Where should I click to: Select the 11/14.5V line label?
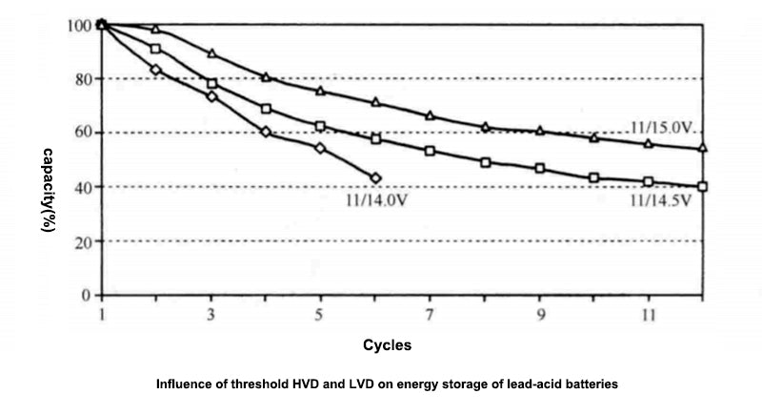659,201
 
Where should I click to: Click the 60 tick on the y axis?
84,133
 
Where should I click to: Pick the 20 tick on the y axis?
84,241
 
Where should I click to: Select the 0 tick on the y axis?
87,296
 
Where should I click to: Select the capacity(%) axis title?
46,189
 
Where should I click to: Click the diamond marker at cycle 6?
375,177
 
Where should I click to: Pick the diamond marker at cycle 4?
266,132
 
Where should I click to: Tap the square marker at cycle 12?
703,187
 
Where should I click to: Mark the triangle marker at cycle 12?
703,148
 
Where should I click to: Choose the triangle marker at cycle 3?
211,53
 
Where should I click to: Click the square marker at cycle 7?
430,151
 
